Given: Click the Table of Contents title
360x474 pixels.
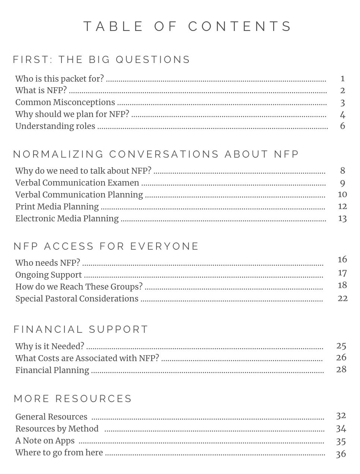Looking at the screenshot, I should (x=188, y=27).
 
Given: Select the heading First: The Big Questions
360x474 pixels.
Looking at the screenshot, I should (x=102, y=60).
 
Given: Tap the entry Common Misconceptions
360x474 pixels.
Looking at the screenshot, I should (x=65, y=102).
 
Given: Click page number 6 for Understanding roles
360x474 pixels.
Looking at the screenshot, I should (x=342, y=126).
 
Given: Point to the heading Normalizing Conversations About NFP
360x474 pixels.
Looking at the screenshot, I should (x=156, y=154).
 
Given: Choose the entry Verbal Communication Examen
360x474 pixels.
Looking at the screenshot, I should (x=77, y=183).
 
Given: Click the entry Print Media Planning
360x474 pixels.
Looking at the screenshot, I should (x=57, y=207).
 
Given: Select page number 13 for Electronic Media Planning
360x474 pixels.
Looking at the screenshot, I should (x=342, y=218).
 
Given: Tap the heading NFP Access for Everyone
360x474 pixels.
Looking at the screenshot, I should (x=106, y=246).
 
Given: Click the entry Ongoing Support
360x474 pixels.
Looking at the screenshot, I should (x=48, y=275).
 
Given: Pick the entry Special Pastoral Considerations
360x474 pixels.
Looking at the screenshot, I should (x=77, y=299).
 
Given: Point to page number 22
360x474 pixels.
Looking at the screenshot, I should (x=342, y=298).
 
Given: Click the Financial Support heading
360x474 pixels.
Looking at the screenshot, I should (x=81, y=329).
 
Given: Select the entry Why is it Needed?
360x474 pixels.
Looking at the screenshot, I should (x=50, y=347).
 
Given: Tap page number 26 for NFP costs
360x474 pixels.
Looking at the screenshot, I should (x=341, y=358).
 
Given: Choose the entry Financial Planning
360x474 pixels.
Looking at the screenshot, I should (x=52, y=370).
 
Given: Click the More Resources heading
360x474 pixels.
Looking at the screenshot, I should (x=73, y=399).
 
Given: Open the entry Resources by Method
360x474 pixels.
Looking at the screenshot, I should (x=57, y=429).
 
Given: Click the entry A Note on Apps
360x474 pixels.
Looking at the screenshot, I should (x=45, y=441).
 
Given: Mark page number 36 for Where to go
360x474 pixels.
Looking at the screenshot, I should (x=341, y=454).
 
